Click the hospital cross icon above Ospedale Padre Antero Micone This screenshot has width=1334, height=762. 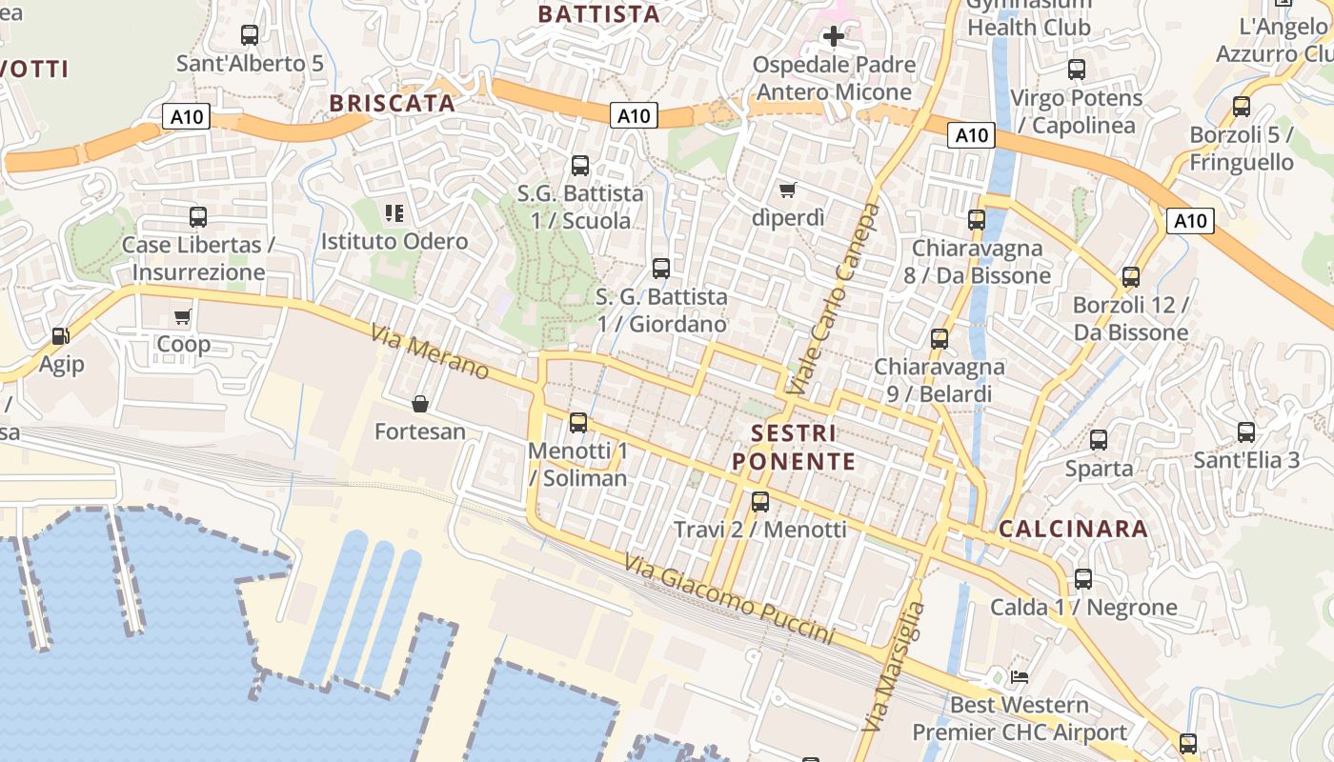(834, 37)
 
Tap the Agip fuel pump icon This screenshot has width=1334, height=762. (61, 336)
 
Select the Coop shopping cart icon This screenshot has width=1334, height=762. (183, 316)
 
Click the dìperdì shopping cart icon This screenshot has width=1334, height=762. (788, 190)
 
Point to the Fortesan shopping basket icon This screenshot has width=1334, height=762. (420, 404)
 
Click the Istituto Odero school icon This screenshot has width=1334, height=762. (394, 213)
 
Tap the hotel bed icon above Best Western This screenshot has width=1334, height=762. (1020, 677)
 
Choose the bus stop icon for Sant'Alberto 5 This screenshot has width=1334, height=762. (250, 36)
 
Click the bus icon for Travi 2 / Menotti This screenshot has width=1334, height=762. (760, 501)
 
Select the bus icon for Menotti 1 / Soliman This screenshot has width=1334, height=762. (578, 423)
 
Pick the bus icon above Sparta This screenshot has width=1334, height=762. (1099, 440)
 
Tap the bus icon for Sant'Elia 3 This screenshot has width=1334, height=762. (1246, 432)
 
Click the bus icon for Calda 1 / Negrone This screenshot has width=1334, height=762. (1083, 579)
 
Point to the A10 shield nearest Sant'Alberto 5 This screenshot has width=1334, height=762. (186, 117)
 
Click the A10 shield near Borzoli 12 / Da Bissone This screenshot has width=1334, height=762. (1190, 222)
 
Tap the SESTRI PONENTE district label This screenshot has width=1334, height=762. (794, 448)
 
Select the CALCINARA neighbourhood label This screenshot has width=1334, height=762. (1073, 530)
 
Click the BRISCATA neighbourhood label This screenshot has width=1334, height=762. (393, 104)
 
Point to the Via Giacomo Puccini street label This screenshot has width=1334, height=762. (729, 599)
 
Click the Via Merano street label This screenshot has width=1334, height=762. (430, 353)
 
